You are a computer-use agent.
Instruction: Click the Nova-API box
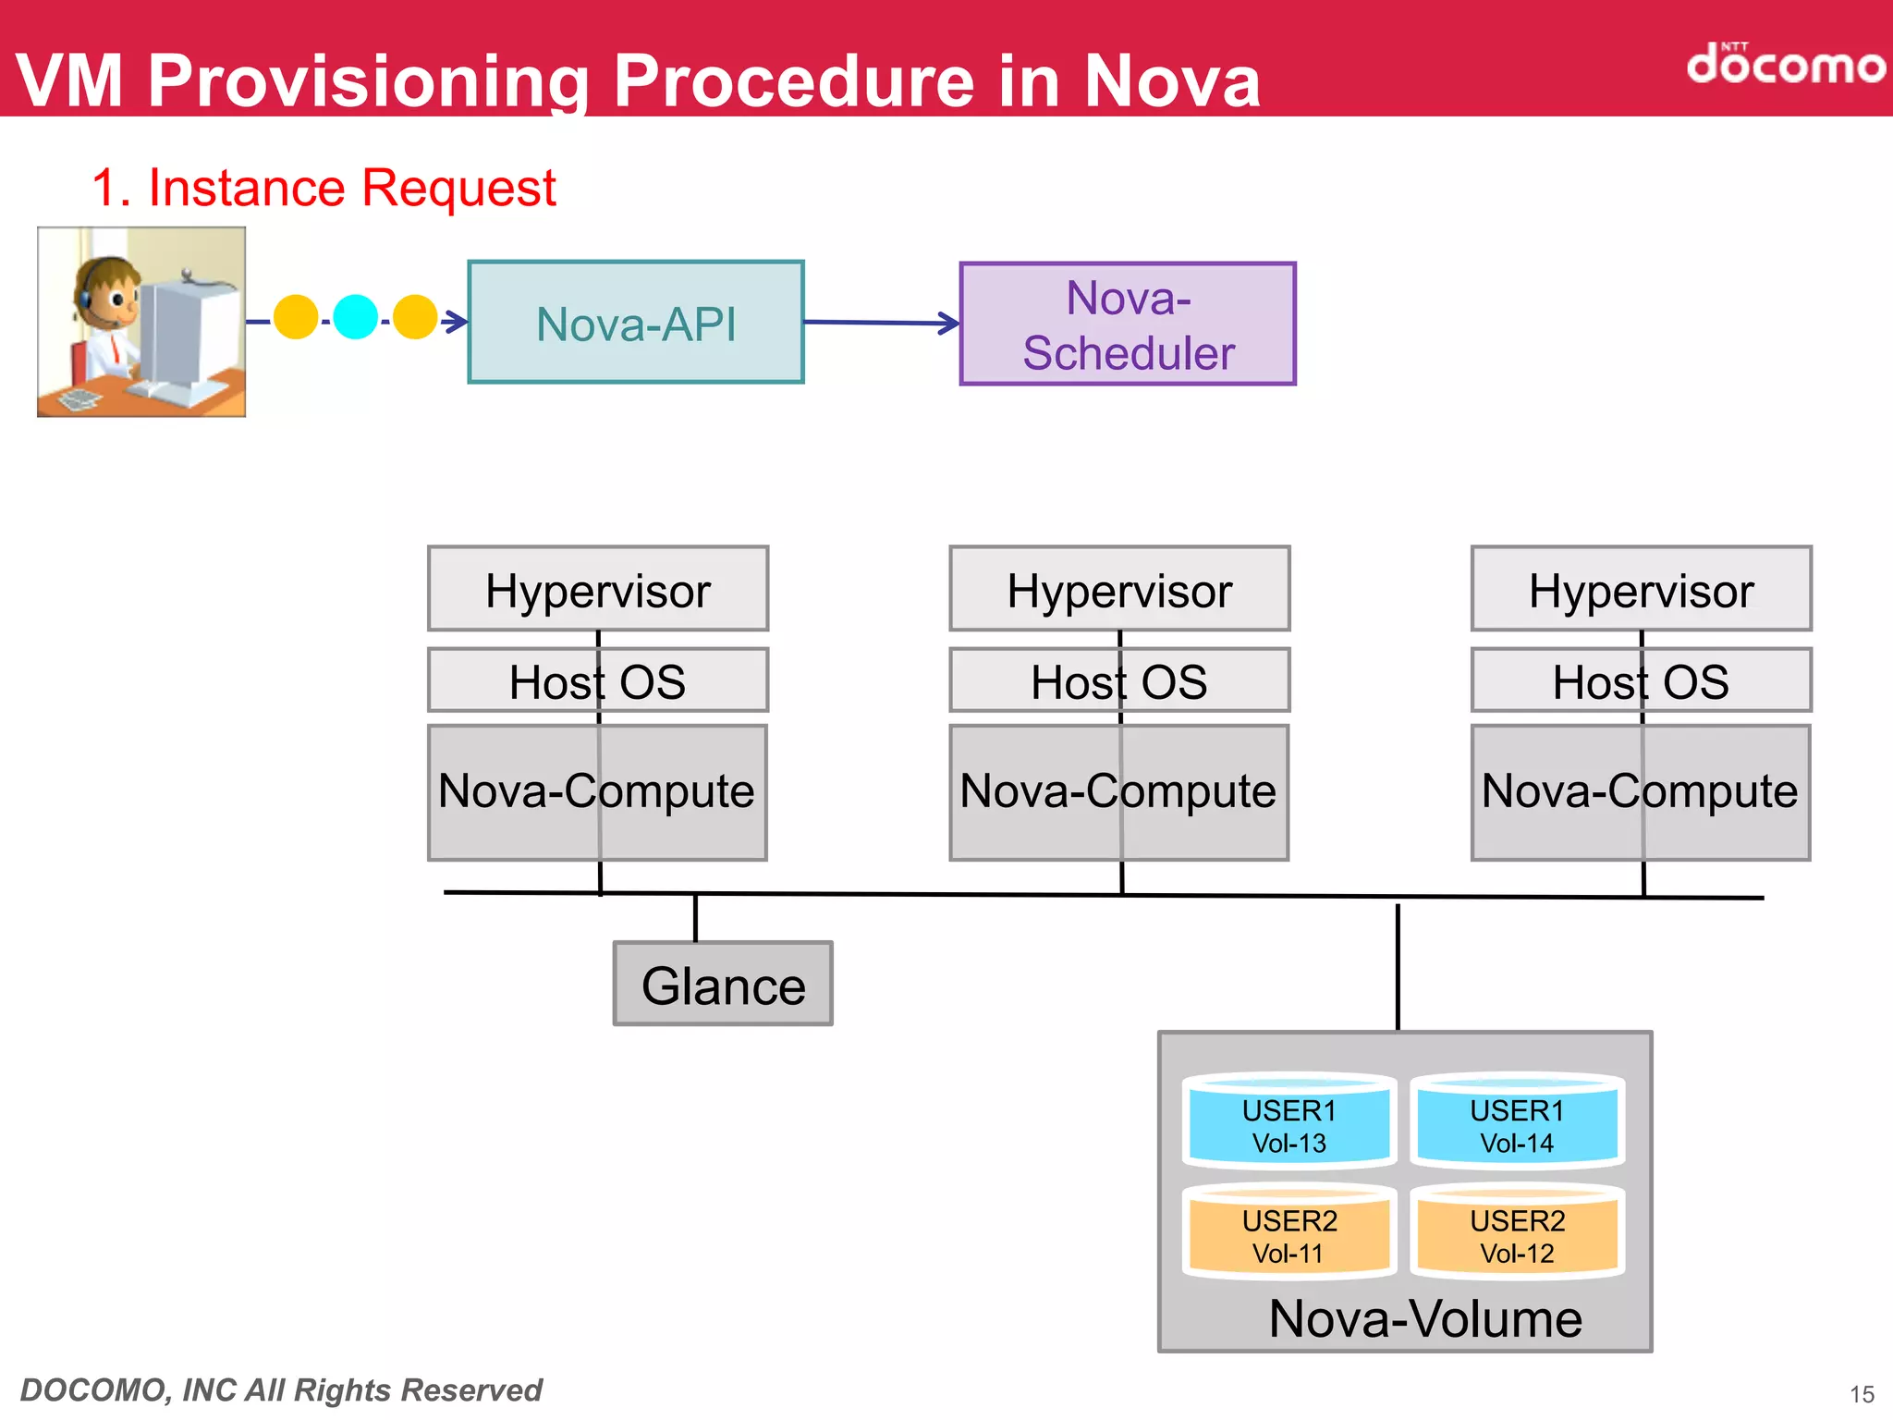(x=636, y=323)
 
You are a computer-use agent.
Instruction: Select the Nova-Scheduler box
(x=1128, y=324)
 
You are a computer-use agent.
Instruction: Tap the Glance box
(x=723, y=985)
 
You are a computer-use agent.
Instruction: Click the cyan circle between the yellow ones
(x=355, y=317)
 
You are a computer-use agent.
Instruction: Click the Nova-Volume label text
(x=1425, y=1318)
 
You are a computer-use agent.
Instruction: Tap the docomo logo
(x=1785, y=65)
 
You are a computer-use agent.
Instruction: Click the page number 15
(x=1862, y=1394)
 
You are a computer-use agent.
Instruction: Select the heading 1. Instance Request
(x=324, y=188)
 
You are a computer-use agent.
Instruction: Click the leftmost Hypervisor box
(x=598, y=590)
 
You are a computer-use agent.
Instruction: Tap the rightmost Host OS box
(x=1641, y=681)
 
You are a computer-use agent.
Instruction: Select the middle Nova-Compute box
(x=1118, y=792)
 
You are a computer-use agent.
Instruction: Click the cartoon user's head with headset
(x=106, y=291)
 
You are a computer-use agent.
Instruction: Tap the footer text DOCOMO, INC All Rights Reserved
(x=281, y=1389)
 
